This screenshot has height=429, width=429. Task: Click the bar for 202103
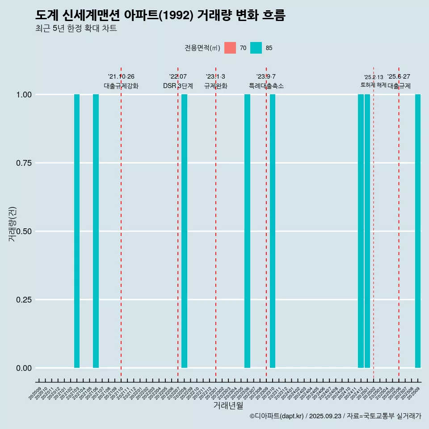click(77, 231)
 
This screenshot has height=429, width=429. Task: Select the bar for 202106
click(96, 231)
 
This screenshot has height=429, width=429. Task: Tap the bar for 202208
click(184, 231)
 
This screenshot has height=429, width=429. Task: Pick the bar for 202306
click(247, 231)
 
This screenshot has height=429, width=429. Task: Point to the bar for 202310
click(273, 231)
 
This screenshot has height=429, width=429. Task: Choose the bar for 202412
click(361, 231)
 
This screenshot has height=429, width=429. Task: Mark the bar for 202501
click(367, 231)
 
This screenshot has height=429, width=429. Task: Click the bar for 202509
click(418, 231)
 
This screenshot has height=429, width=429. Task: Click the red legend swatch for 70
click(230, 48)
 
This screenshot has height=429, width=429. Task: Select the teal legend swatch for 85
click(256, 48)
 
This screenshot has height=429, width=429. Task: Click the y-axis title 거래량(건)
click(13, 223)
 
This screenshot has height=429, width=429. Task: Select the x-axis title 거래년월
click(228, 406)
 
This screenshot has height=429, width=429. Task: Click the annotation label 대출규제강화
click(121, 86)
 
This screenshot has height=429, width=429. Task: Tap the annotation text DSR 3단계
click(178, 86)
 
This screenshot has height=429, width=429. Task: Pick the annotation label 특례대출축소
click(266, 86)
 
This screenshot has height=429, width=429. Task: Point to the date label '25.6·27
click(399, 76)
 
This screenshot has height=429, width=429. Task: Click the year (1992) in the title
click(178, 16)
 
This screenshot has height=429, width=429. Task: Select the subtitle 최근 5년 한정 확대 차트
click(76, 29)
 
